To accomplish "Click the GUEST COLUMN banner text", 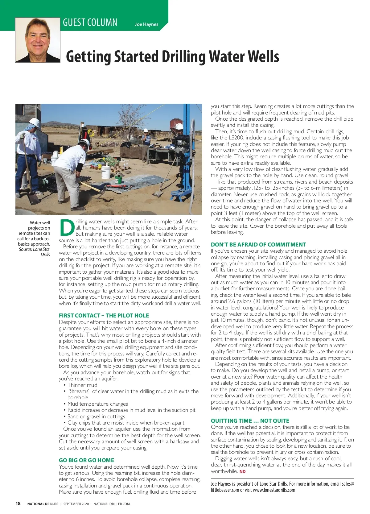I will [x=90, y=23].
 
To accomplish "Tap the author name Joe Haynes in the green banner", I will [x=146, y=24].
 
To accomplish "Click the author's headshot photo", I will [x=37, y=40].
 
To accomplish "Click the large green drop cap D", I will [x=67, y=227].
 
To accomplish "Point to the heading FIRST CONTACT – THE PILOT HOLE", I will [x=104, y=315].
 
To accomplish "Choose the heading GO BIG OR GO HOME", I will [x=86, y=460].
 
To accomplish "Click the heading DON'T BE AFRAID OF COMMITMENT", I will [x=258, y=244].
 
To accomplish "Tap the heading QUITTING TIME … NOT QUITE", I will [x=250, y=421].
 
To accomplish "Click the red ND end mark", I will [x=242, y=471].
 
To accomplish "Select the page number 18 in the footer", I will [x=18, y=504].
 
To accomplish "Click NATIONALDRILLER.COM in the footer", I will [x=112, y=504].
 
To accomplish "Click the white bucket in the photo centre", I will [x=105, y=172].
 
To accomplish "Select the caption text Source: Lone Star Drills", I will [x=35, y=252].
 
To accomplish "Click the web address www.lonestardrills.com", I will [x=274, y=490].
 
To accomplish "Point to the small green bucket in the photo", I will [x=118, y=180].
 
